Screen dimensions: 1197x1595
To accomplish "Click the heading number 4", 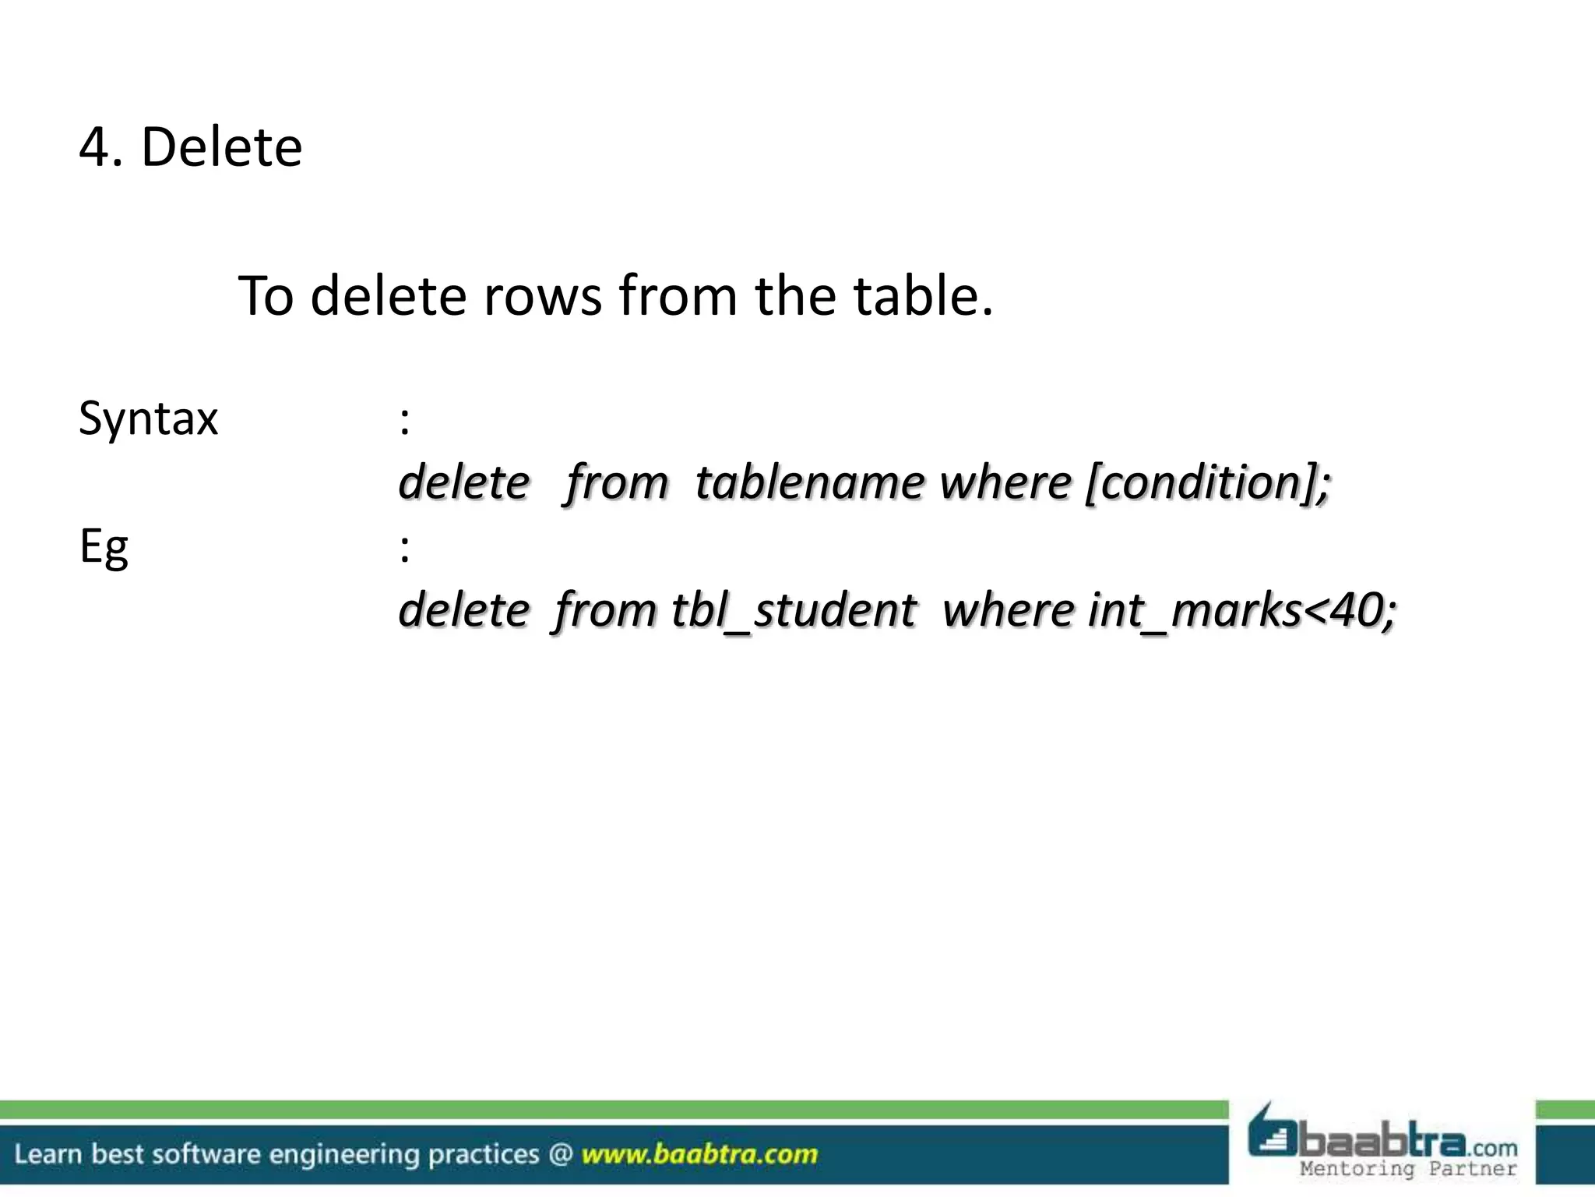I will tap(94, 147).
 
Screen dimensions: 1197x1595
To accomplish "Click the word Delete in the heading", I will tap(221, 147).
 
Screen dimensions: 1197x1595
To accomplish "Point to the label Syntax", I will tap(148, 419).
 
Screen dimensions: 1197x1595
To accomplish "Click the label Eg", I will tap(104, 547).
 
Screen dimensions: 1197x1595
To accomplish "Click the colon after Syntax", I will tap(404, 421).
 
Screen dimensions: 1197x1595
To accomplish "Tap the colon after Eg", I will tap(404, 549).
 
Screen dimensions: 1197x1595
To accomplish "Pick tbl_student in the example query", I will tap(794, 610).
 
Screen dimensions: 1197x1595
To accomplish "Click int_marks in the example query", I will tap(1195, 610).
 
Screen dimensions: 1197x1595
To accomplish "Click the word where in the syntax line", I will tap(1005, 482).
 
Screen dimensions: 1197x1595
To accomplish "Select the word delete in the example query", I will tap(464, 610).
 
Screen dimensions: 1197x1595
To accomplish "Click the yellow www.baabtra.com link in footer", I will tap(699, 1154).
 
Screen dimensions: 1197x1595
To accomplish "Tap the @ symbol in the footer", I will tap(560, 1154).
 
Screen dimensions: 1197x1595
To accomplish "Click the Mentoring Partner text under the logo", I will tap(1408, 1168).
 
